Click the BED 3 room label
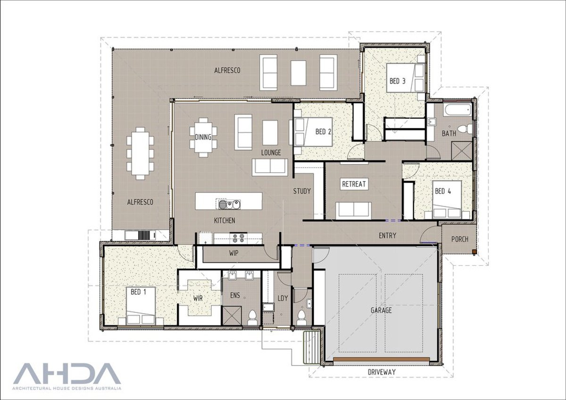pyautogui.click(x=397, y=81)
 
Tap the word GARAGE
pyautogui.click(x=381, y=310)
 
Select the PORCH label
pyautogui.click(x=459, y=239)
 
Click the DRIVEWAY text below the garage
pyautogui.click(x=382, y=372)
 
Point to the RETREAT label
pyautogui.click(x=354, y=184)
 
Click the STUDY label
pyautogui.click(x=302, y=191)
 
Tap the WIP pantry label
pyautogui.click(x=233, y=253)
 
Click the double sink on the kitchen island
pyautogui.click(x=229, y=204)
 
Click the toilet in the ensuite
pyautogui.click(x=251, y=315)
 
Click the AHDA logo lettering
pyautogui.click(x=67, y=374)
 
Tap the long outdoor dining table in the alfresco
pyautogui.click(x=140, y=154)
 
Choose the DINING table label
pyautogui.click(x=203, y=138)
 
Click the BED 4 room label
pyautogui.click(x=443, y=191)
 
